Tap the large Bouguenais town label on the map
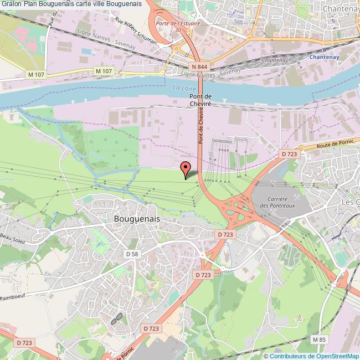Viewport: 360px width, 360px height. coord(136,219)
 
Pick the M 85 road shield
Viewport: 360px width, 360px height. coord(318,339)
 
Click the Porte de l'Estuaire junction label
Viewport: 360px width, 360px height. coord(178,24)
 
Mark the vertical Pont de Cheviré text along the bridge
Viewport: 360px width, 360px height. coord(202,126)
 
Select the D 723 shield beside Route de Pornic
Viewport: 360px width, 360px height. coord(289,154)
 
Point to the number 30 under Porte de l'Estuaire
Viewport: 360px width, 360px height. coord(178,30)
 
